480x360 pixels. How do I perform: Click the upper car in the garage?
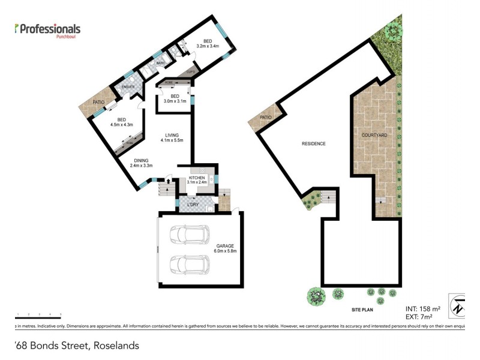click(189, 235)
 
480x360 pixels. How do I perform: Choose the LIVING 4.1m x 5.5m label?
click(171, 138)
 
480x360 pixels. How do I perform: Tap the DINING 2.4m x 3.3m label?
click(141, 163)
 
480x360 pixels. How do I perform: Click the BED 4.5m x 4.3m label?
click(121, 122)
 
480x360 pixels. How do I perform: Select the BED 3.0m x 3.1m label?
click(175, 99)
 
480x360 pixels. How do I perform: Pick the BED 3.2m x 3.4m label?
click(208, 43)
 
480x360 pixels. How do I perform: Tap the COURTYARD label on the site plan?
click(374, 136)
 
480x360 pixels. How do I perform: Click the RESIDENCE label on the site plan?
click(313, 143)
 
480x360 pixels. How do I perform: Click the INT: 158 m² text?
click(423, 308)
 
